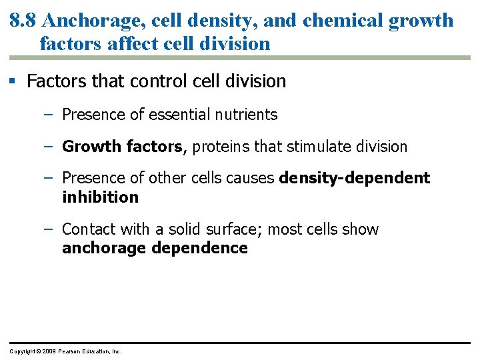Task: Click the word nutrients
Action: (246, 115)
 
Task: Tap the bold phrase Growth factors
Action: (122, 147)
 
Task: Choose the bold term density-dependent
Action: (355, 178)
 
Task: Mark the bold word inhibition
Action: (100, 197)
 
